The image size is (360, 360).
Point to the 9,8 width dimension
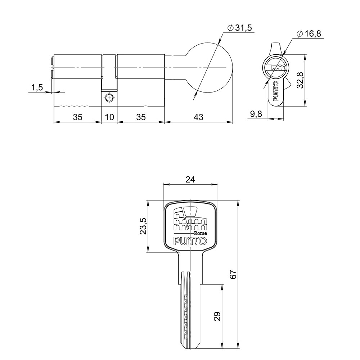[256, 114]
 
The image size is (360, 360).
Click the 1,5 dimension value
[37, 87]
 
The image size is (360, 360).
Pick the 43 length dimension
[198, 117]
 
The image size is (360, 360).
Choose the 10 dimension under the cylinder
[109, 117]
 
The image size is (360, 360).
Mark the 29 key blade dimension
[216, 316]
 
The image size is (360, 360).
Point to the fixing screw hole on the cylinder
[109, 98]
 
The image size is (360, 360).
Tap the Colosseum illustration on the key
[190, 219]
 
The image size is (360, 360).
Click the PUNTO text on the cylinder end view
[276, 91]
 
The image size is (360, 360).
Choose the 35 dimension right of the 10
[141, 117]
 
